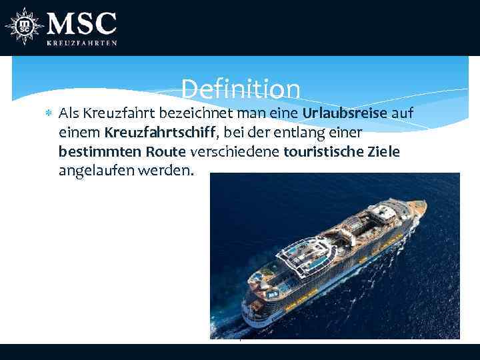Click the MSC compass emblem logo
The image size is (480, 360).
[x=24, y=27]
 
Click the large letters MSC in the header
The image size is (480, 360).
[x=81, y=25]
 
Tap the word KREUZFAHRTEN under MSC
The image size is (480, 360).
[x=81, y=43]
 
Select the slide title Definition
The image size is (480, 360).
[x=240, y=89]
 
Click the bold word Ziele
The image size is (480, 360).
[x=383, y=151]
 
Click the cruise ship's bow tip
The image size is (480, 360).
[x=422, y=203]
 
